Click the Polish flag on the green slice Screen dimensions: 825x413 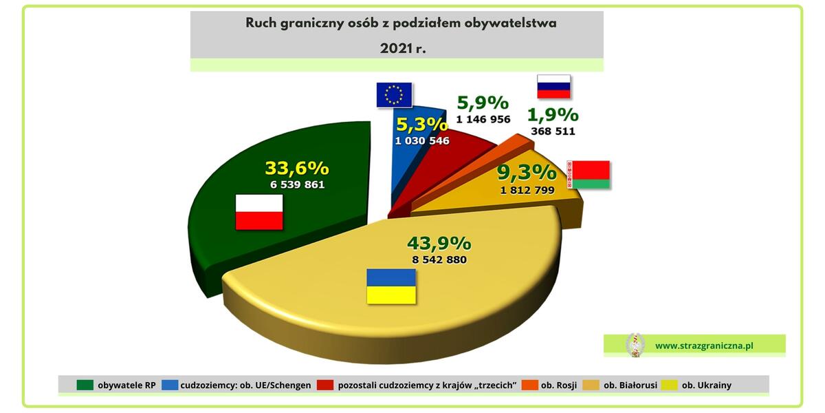259,212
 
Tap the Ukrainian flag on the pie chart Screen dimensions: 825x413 391,286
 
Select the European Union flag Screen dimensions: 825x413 394,95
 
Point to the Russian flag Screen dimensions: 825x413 553,87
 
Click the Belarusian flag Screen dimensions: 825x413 588,174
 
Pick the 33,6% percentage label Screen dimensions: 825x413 297,168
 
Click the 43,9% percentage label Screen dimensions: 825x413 439,244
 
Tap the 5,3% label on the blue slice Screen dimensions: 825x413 422,125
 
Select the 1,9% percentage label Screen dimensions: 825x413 553,115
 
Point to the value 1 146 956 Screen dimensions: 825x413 483,119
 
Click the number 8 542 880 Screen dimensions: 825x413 439,260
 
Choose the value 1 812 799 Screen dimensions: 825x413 527,190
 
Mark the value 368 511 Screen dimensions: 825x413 553,131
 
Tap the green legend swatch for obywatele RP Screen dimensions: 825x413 85,385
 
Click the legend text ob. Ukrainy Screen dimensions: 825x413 707,385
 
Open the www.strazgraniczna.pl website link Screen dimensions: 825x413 704,346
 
